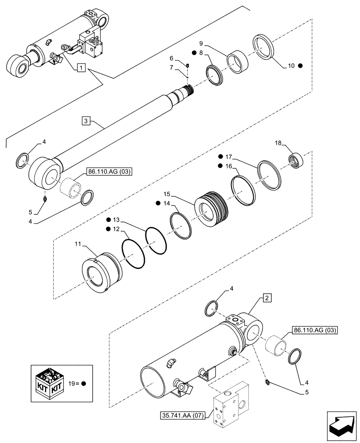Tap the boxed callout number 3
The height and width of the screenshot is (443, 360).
[x=86, y=120]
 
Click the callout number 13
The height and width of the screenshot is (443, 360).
[x=116, y=220]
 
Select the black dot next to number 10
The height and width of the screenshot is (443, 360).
[x=300, y=66]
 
